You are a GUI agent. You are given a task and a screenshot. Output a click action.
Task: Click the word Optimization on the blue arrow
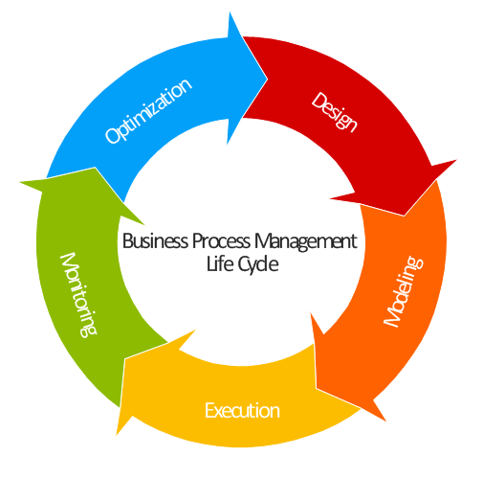(x=148, y=111)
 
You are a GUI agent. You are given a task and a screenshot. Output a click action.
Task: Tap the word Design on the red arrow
(x=334, y=112)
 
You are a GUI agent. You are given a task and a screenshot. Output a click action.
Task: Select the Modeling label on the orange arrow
(x=404, y=291)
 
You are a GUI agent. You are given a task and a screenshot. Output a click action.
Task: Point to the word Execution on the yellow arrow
(x=242, y=410)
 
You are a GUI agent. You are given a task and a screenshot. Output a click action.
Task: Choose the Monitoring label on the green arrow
(x=78, y=294)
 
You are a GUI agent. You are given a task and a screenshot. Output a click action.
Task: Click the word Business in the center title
(x=155, y=241)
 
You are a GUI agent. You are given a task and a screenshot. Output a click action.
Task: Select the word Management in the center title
(x=305, y=242)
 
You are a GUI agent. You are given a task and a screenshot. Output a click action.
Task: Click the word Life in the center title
(x=220, y=263)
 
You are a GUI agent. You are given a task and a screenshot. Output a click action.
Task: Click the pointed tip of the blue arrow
(x=268, y=79)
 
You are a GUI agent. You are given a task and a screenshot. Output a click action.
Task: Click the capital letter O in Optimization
(x=112, y=136)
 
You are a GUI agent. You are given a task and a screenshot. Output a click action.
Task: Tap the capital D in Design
(x=318, y=100)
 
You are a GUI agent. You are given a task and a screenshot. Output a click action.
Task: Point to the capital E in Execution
(x=209, y=410)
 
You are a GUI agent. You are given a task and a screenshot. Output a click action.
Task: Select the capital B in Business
(x=127, y=241)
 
